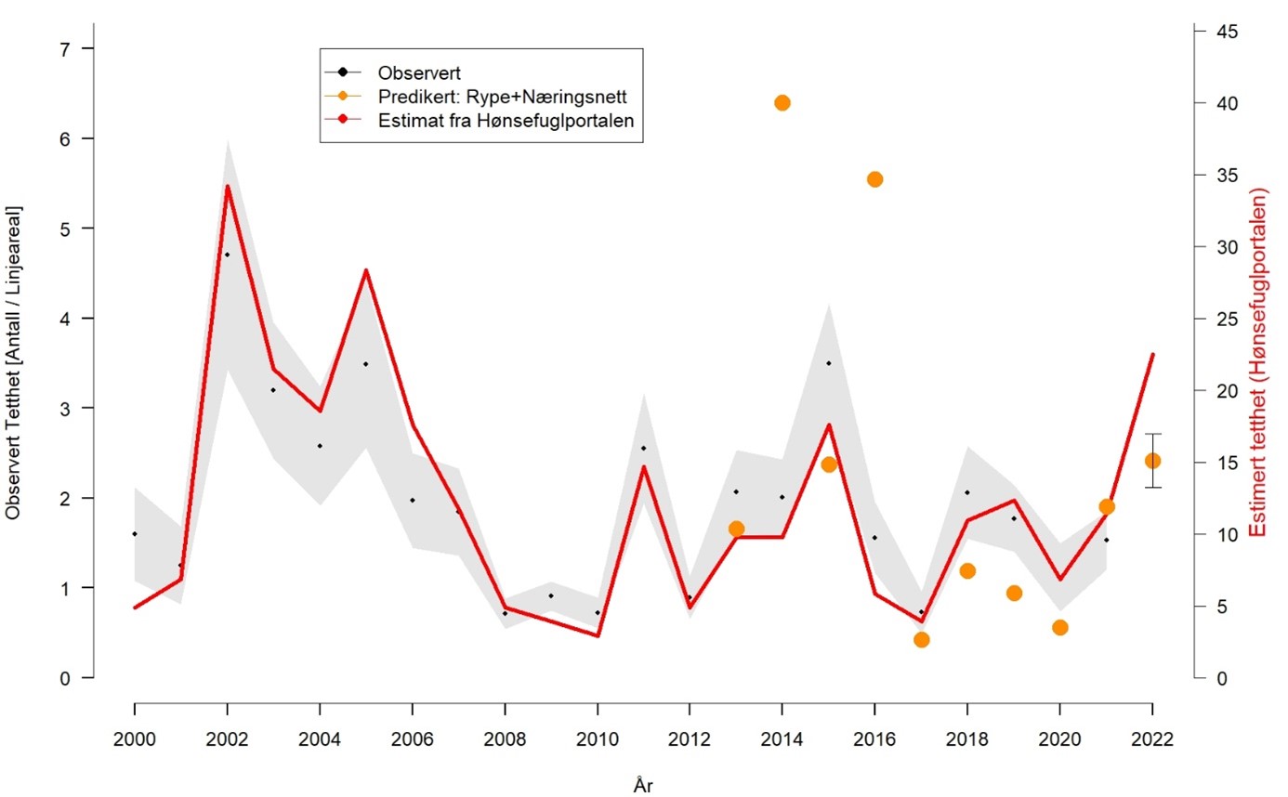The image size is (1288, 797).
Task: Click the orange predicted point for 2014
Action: click(x=782, y=102)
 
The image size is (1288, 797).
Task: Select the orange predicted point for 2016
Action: click(x=874, y=179)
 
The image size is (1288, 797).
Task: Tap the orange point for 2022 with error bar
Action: click(x=1152, y=461)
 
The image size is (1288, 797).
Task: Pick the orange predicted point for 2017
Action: click(x=921, y=639)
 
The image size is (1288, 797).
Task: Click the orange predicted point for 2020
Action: click(x=1060, y=628)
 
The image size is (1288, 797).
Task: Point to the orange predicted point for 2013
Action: click(x=736, y=529)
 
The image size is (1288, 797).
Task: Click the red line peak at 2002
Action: click(x=227, y=186)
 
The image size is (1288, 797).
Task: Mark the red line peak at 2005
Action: click(x=366, y=270)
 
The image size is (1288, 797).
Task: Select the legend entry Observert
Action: click(x=420, y=72)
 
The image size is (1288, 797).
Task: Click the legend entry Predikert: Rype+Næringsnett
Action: click(x=496, y=97)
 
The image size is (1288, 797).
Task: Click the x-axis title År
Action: click(x=643, y=785)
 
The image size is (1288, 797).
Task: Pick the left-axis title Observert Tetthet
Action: click(x=13, y=362)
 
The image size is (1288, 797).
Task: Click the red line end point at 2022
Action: click(x=1152, y=354)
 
